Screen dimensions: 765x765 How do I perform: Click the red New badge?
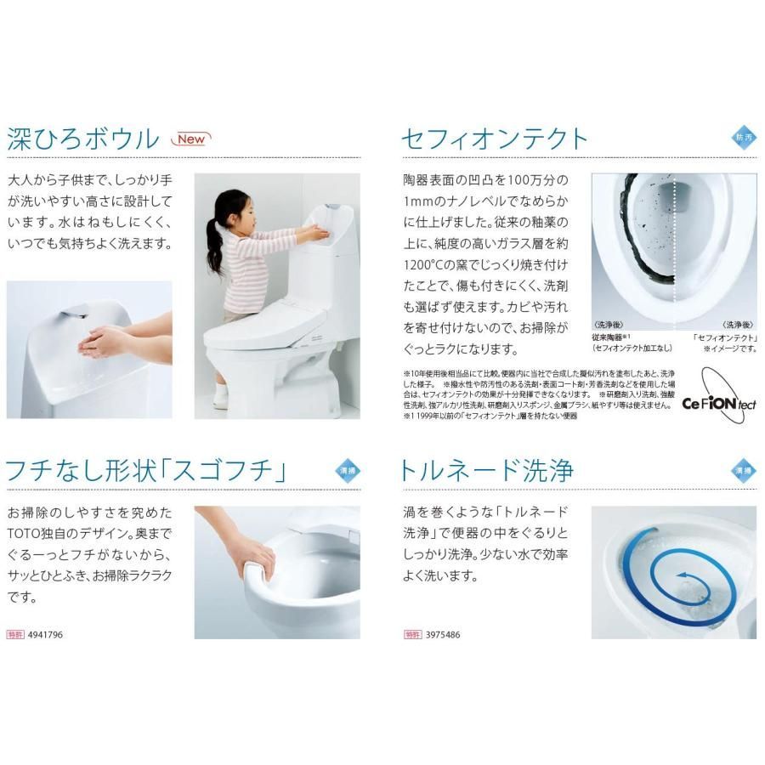pos(190,139)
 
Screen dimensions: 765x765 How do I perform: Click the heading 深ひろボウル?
pos(82,139)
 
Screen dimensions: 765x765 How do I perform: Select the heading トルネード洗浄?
pos(488,470)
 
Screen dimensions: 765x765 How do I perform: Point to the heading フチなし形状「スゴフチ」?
pos(156,470)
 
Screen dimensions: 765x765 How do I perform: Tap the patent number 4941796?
pos(46,634)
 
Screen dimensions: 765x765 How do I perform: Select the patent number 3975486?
pos(441,634)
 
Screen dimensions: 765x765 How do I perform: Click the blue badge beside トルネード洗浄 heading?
pos(743,469)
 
